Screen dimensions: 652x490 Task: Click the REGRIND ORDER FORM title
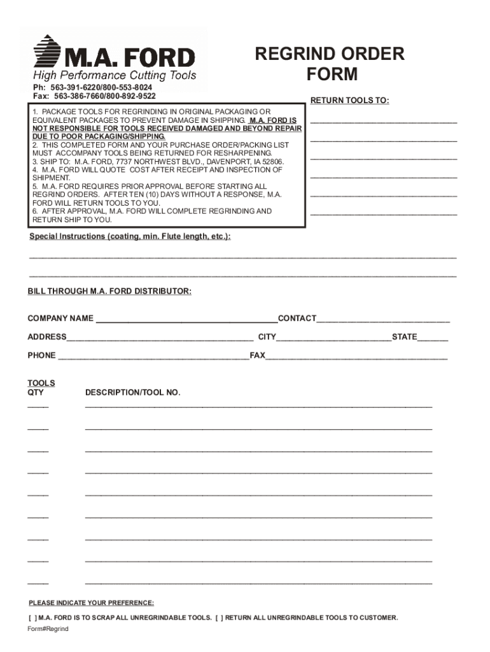(x=330, y=64)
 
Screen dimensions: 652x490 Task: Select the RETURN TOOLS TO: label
(x=349, y=101)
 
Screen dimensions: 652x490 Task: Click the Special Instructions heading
(x=130, y=236)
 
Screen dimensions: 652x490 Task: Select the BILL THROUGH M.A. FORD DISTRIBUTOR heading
(x=109, y=291)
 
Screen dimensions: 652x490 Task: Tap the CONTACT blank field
(x=383, y=318)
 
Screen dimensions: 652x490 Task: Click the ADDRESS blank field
(x=160, y=337)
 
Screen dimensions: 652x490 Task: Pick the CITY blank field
(x=333, y=337)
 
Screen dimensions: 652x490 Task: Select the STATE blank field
(x=433, y=337)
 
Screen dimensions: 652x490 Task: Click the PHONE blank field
(x=153, y=355)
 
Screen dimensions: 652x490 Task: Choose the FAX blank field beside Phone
(x=356, y=355)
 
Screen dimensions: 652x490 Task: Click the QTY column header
(x=36, y=392)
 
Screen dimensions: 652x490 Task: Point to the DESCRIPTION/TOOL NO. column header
(x=132, y=392)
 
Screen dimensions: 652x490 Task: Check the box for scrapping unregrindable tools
(x=32, y=618)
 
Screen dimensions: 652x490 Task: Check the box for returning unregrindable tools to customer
(x=220, y=618)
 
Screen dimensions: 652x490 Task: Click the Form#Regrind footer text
(x=48, y=629)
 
